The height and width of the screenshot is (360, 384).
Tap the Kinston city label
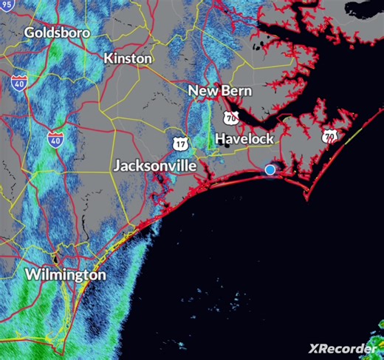[128, 58]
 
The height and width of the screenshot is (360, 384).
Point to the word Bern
[237, 91]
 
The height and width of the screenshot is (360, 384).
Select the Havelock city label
[244, 138]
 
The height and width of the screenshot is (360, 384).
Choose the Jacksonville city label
[154, 166]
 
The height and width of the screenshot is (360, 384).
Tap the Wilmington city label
[65, 274]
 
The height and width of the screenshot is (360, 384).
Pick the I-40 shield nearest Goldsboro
[19, 83]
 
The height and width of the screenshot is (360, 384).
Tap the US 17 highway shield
[181, 141]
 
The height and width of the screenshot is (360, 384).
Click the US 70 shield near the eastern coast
[329, 135]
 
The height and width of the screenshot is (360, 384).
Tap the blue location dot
[270, 169]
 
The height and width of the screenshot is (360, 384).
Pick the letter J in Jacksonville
[117, 166]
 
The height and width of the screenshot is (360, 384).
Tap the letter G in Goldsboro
[30, 33]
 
